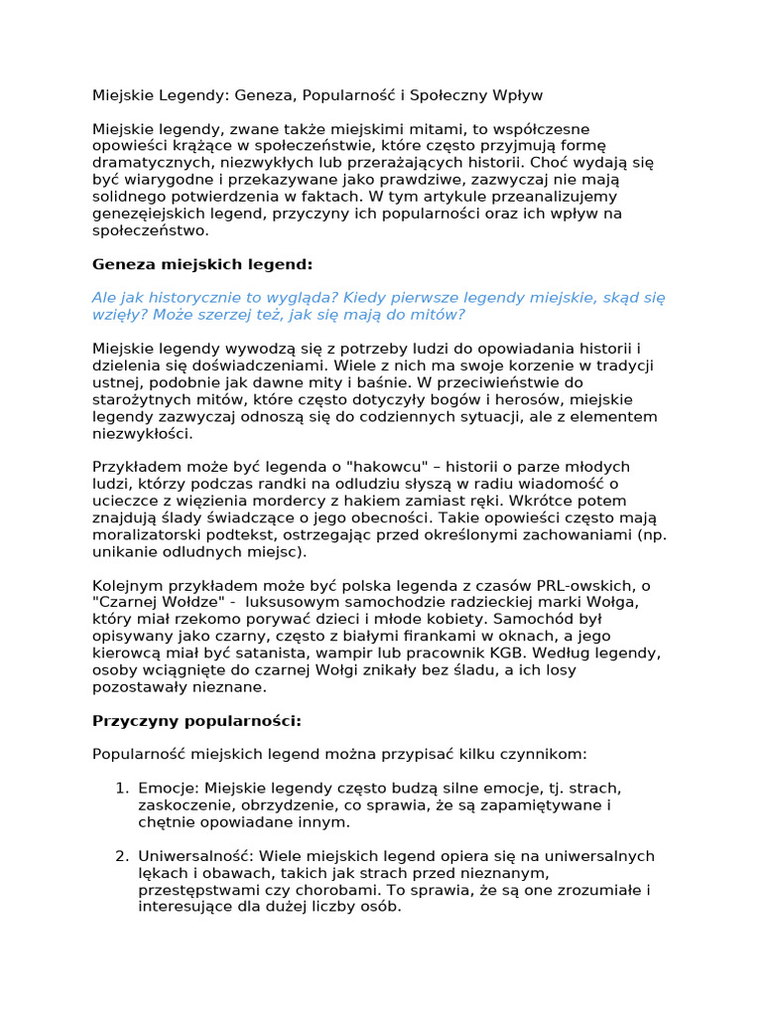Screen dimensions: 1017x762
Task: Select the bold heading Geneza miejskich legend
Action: [x=202, y=264]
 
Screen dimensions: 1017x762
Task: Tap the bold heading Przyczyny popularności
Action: [x=196, y=720]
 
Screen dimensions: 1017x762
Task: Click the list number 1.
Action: [x=120, y=788]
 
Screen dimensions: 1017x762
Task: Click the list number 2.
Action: [x=120, y=855]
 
